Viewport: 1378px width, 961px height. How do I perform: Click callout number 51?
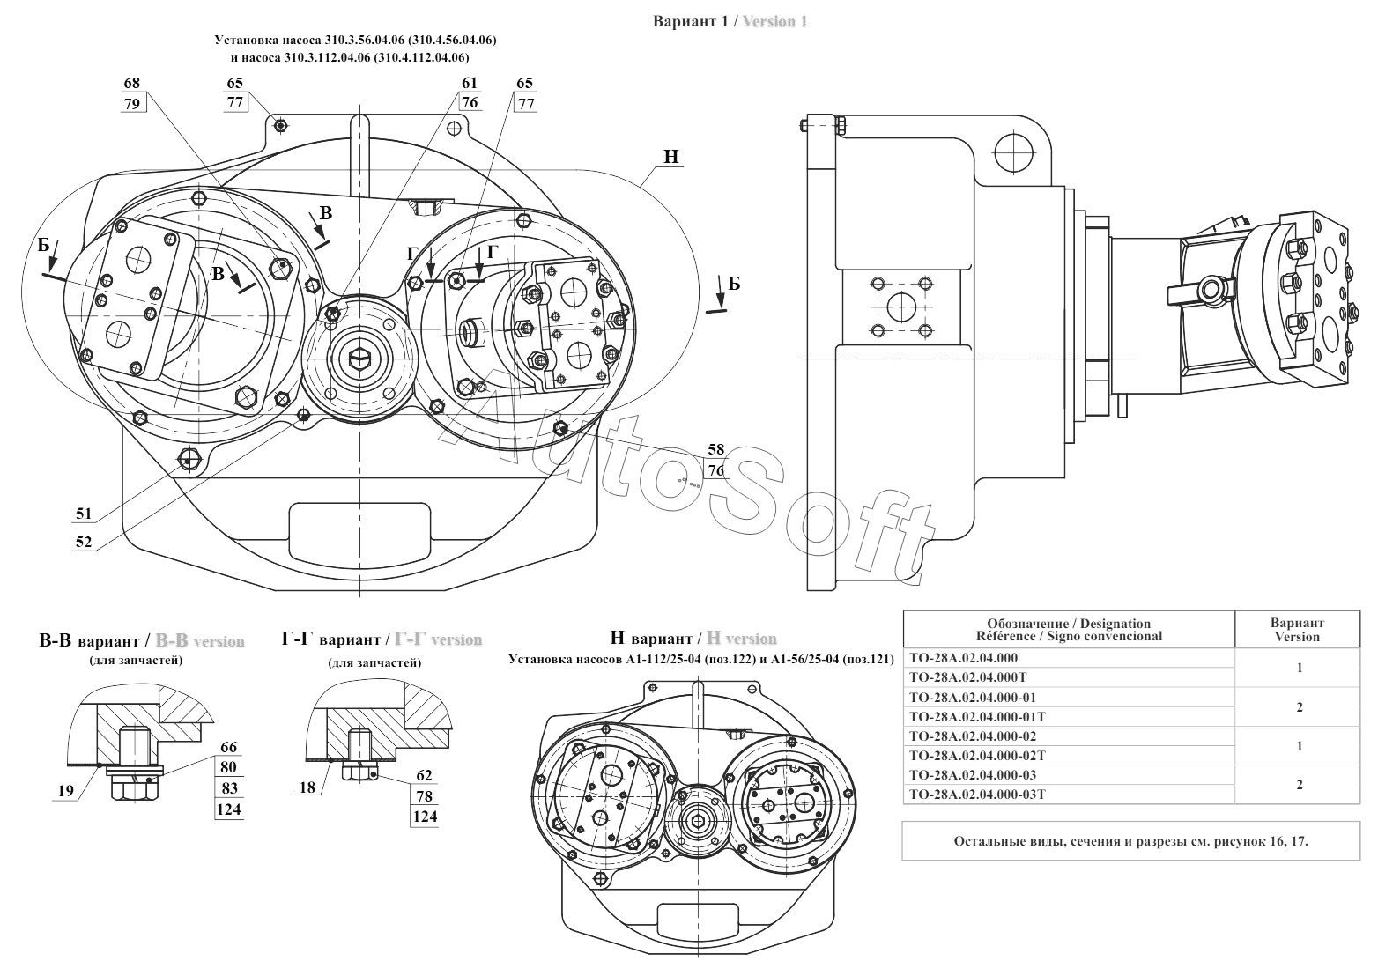(x=84, y=514)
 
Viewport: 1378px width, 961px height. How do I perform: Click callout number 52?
(x=84, y=542)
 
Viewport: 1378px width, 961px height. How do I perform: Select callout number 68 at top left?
(x=131, y=83)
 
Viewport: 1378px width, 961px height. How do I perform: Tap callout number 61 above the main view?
(x=470, y=83)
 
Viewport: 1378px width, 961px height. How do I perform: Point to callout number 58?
(x=716, y=449)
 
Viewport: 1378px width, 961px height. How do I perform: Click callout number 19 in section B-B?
(x=66, y=791)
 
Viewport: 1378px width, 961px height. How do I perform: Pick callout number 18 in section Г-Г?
(x=307, y=787)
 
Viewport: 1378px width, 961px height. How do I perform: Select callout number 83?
(x=228, y=788)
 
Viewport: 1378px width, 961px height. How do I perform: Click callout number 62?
(x=425, y=775)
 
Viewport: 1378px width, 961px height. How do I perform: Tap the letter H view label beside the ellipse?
(x=671, y=157)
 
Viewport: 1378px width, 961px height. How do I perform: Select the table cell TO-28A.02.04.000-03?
(x=973, y=775)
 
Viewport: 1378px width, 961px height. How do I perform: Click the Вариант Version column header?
(x=1297, y=630)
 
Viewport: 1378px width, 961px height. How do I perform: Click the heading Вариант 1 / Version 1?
(x=730, y=21)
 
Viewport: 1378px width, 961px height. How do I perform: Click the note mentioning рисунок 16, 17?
(x=1130, y=840)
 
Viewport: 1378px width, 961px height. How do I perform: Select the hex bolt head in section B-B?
(x=136, y=787)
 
